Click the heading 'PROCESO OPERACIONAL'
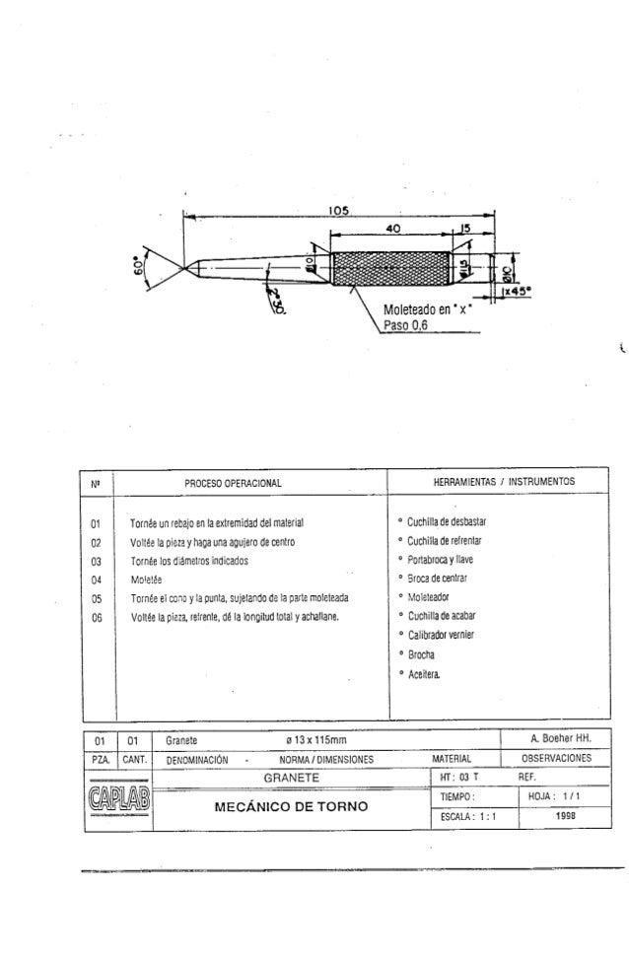pos(234,482)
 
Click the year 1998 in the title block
pos(566,816)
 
